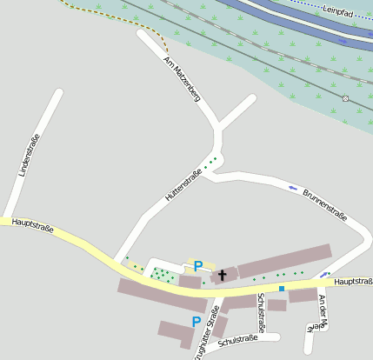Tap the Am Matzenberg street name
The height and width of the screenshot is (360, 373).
183,80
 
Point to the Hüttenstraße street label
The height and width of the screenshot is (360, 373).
183,186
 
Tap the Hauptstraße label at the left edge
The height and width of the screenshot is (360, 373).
33,226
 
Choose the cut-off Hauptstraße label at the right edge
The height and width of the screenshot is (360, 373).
353,282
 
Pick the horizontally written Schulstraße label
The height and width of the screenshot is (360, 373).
239,341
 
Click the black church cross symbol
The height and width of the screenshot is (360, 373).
223,275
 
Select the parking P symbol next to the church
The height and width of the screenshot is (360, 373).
198,265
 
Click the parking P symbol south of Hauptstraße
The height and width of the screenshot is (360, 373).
196,322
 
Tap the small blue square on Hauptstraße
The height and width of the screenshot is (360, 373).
281,288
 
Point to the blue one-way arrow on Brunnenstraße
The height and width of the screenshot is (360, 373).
293,187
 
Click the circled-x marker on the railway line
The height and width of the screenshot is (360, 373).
345,98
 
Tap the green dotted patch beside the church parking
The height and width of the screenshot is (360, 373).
162,275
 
